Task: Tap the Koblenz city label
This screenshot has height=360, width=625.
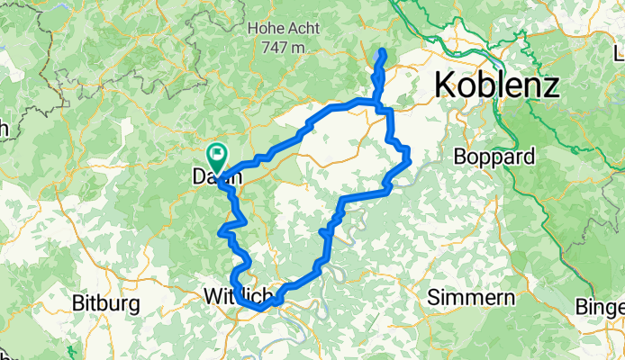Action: [x=496, y=85]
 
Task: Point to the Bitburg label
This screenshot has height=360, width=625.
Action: [x=105, y=302]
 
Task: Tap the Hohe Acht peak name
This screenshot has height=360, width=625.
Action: [x=284, y=28]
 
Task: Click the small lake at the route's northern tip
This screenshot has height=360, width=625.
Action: [x=380, y=61]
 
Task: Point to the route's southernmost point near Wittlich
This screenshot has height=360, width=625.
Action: [x=261, y=309]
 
